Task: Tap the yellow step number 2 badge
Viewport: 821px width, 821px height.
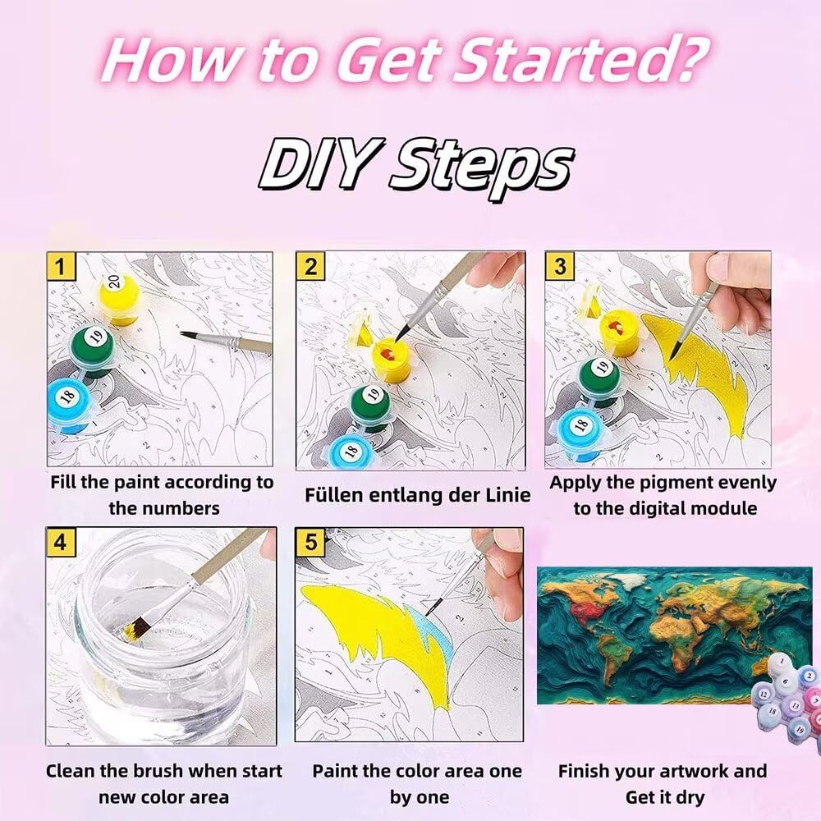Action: tap(310, 266)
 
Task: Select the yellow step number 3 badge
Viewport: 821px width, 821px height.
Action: tap(559, 266)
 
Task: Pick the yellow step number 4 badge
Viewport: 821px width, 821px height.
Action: tap(61, 541)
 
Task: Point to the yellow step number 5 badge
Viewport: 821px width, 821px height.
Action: tap(310, 541)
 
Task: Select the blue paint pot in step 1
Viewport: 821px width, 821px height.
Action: tap(68, 404)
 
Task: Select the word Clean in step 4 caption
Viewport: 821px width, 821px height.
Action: tap(71, 771)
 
